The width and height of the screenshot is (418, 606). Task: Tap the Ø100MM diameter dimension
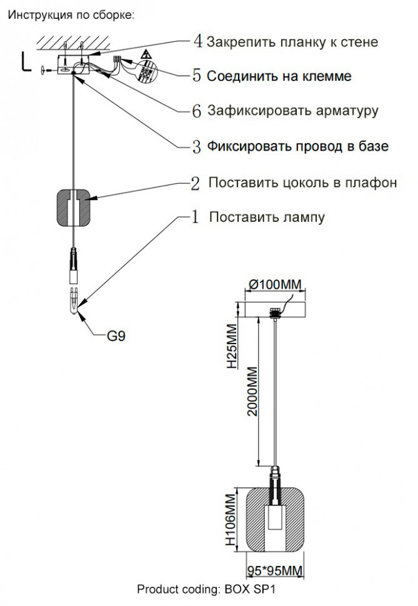275,286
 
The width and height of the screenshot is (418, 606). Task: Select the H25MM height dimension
232,345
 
